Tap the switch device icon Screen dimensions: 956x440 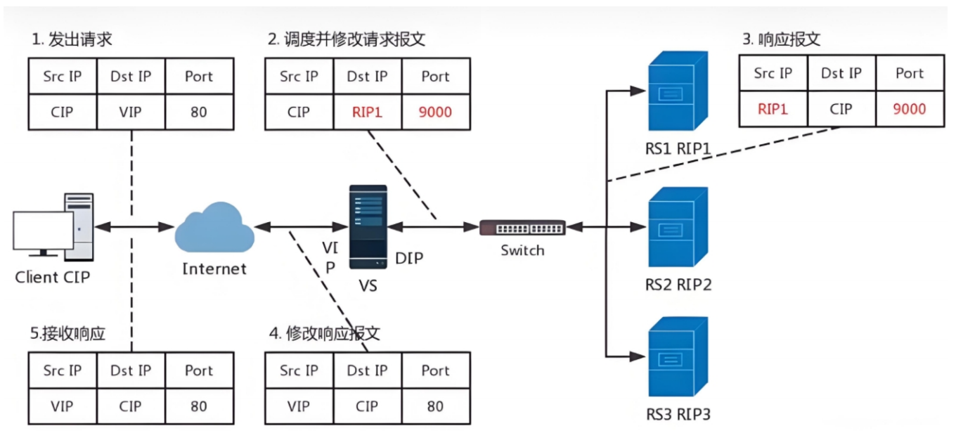pyautogui.click(x=522, y=228)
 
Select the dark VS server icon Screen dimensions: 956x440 pyautogui.click(x=368, y=226)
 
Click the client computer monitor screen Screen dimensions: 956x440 pyautogui.click(x=43, y=231)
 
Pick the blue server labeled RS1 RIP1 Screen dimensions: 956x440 pyautogui.click(x=678, y=91)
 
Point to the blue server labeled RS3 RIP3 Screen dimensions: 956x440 pyautogui.click(x=678, y=357)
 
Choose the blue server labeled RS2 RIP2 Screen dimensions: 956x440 pyautogui.click(x=678, y=227)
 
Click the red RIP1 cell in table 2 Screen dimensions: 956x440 pyautogui.click(x=367, y=112)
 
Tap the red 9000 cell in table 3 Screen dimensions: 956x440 pyautogui.click(x=910, y=109)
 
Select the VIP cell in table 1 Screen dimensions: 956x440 pyautogui.click(x=130, y=112)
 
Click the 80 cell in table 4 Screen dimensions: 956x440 pyautogui.click(x=435, y=406)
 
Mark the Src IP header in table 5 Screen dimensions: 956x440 pyautogui.click(x=63, y=370)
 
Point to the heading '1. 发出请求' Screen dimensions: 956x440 pyautogui.click(x=72, y=39)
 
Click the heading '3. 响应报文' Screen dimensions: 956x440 pyautogui.click(x=782, y=39)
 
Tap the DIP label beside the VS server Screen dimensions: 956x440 pyautogui.click(x=409, y=258)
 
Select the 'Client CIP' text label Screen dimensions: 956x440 pyautogui.click(x=53, y=278)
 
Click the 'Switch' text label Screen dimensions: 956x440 pyautogui.click(x=522, y=250)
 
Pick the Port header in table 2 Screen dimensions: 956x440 pyautogui.click(x=435, y=77)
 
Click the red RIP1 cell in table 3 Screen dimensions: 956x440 pyautogui.click(x=773, y=109)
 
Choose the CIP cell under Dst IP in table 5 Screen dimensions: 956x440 pyautogui.click(x=130, y=406)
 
